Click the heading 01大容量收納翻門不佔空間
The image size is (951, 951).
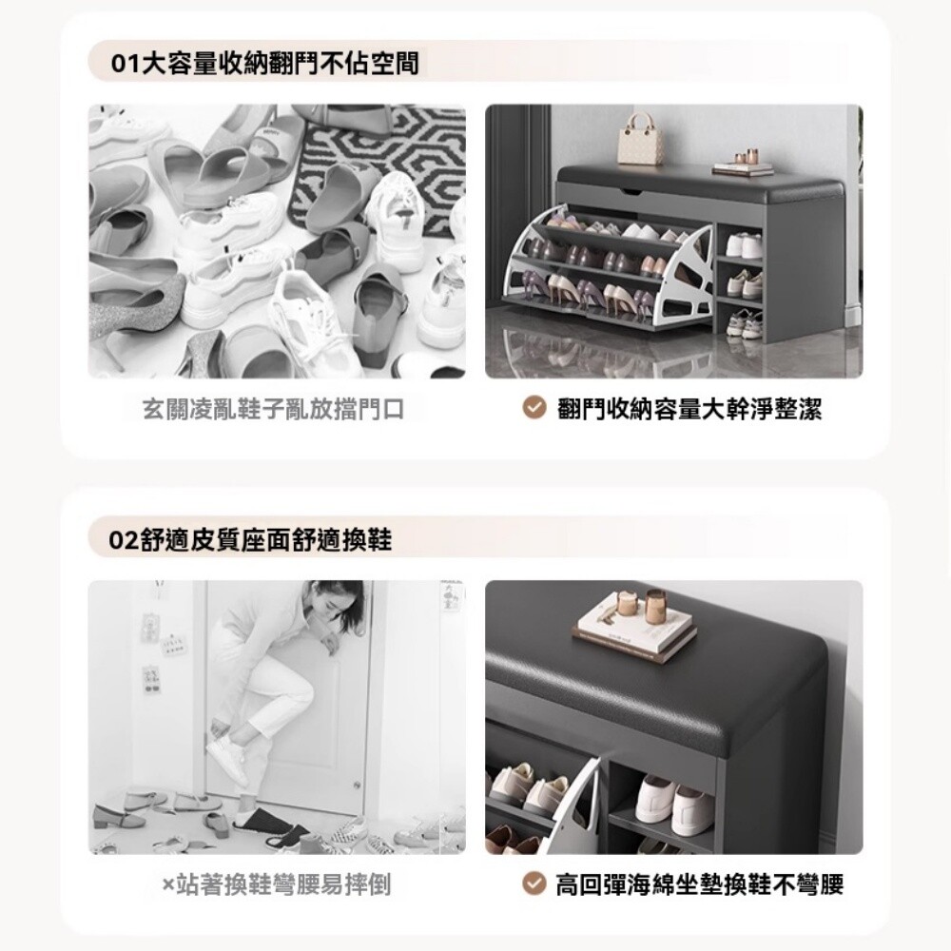265,63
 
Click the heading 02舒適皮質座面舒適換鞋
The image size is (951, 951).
250,539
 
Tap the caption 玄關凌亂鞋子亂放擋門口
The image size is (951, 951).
274,409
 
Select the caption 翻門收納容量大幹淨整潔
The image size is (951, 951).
689,409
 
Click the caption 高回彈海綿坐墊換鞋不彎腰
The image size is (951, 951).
700,884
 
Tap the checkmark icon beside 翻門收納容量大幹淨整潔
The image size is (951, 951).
534,409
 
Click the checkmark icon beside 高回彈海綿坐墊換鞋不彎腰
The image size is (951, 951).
534,883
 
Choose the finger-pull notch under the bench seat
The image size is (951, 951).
630,193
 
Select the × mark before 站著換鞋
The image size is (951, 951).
168,884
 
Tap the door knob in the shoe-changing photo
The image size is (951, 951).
358,786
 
